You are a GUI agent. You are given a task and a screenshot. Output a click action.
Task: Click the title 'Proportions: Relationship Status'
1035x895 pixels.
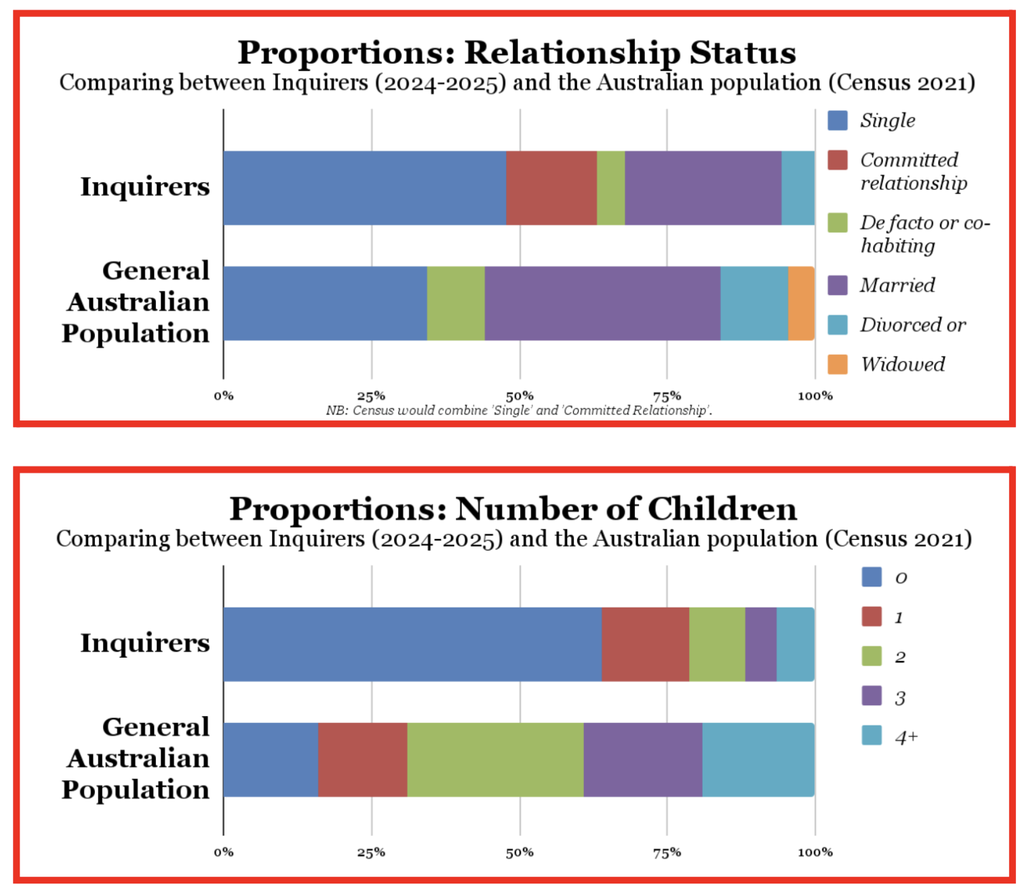point(516,53)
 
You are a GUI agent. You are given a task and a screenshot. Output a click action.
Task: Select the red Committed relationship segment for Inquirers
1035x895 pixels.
point(551,188)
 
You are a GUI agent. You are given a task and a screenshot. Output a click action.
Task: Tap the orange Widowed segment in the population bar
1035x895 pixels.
point(801,303)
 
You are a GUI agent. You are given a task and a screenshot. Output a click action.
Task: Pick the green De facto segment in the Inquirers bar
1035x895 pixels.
point(610,188)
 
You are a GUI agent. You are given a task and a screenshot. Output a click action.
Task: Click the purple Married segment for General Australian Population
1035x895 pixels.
point(602,303)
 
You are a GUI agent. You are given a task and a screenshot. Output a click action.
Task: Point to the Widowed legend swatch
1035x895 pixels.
point(838,364)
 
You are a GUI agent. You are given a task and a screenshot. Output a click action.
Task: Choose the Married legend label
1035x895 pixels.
point(897,285)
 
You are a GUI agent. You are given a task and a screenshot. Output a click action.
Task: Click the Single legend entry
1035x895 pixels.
point(887,121)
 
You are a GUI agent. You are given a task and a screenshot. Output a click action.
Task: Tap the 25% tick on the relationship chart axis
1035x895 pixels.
point(371,396)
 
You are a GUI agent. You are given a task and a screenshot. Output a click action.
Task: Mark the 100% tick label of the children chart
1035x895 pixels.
point(815,852)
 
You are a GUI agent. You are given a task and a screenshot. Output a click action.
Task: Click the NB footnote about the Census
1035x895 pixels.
point(519,410)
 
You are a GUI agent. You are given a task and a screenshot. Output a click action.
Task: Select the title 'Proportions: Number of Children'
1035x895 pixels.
point(513,509)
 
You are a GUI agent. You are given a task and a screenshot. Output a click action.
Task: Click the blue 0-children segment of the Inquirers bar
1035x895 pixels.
point(412,644)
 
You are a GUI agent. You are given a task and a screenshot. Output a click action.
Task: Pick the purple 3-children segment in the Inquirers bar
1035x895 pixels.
point(760,644)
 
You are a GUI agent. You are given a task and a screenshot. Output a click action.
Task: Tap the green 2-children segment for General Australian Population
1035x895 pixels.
point(495,759)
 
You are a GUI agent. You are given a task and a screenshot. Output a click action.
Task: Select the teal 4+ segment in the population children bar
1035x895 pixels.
point(758,759)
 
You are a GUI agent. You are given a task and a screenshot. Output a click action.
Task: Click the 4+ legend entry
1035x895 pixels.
point(906,737)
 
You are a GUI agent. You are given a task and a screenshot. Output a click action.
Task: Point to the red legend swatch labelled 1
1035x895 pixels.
point(872,617)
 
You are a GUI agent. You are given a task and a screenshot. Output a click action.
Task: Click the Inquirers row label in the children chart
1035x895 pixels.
point(145,643)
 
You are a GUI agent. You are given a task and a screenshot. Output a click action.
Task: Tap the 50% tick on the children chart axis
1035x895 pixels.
point(520,852)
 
